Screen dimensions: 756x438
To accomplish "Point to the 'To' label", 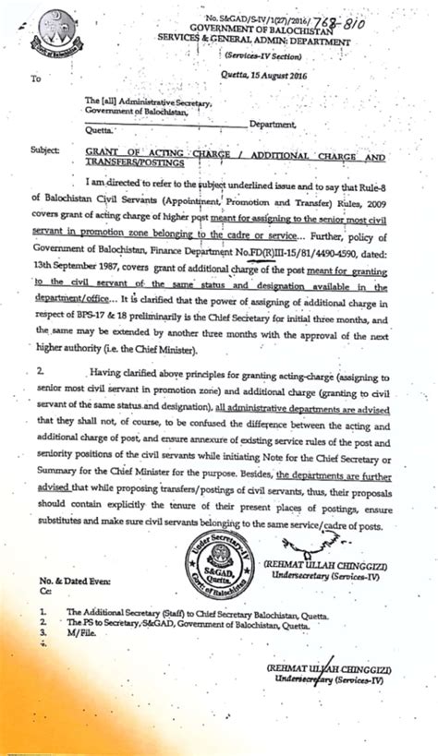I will click(x=36, y=79).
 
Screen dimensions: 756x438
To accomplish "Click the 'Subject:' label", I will click(x=45, y=148).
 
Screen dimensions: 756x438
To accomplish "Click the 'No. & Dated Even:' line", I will click(x=75, y=584).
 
